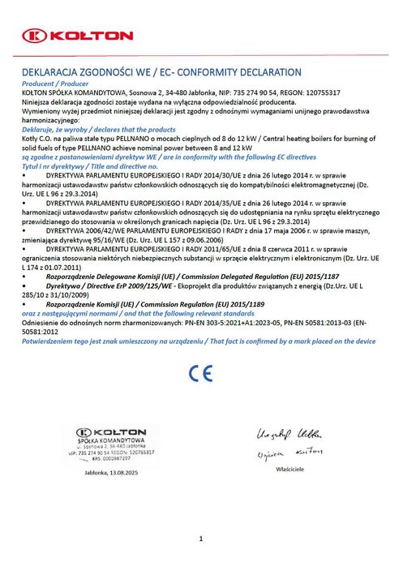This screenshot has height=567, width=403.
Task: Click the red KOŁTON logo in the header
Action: (x=77, y=36)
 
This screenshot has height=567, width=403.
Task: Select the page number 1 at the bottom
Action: (x=200, y=538)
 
